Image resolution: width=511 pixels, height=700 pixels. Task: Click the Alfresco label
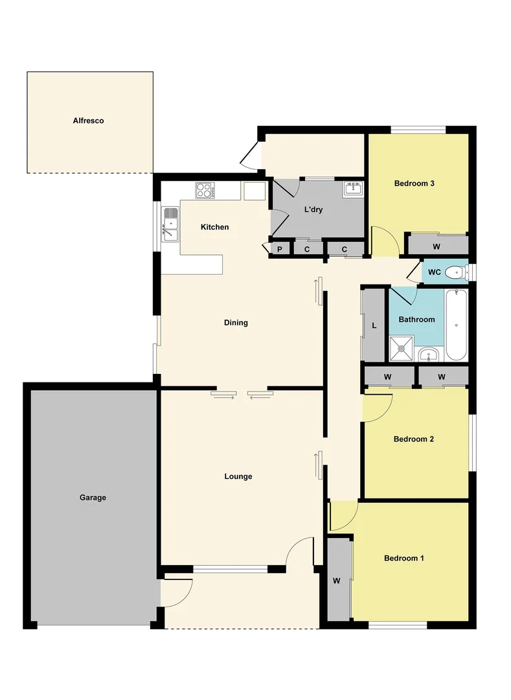click(x=88, y=121)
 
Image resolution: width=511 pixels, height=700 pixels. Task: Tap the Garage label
click(x=93, y=498)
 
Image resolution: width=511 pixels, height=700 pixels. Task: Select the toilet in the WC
click(x=457, y=272)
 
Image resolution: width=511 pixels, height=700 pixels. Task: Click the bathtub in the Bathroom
click(x=456, y=324)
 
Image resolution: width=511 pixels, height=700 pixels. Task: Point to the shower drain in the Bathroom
click(x=402, y=348)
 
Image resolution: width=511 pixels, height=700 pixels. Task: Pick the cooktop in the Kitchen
click(x=205, y=190)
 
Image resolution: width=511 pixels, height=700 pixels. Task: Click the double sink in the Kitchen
click(x=170, y=224)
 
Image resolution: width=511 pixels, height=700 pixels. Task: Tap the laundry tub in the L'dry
click(x=353, y=189)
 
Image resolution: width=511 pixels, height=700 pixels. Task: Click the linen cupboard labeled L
click(x=374, y=325)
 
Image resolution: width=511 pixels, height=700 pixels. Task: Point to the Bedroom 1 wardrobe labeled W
click(x=337, y=581)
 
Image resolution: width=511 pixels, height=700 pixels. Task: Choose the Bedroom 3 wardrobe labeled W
click(x=437, y=246)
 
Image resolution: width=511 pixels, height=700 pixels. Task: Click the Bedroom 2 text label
click(x=413, y=439)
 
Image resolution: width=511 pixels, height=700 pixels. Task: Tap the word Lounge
click(x=238, y=476)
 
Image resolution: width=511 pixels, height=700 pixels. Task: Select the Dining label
click(x=236, y=323)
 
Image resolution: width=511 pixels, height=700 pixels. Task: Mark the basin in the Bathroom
click(x=428, y=354)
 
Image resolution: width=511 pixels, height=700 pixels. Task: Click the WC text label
click(x=434, y=272)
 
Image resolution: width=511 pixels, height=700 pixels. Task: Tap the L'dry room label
click(x=313, y=209)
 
